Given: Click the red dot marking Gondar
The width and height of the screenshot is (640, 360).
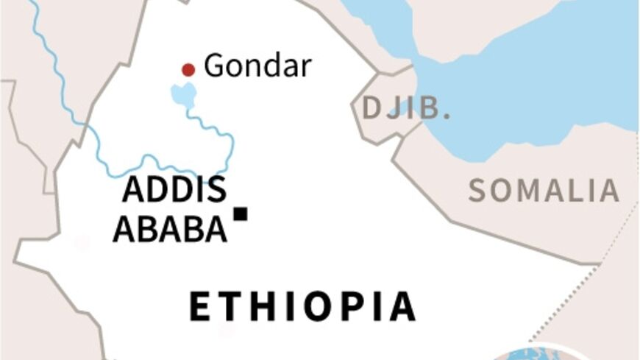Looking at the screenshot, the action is pos(188,70).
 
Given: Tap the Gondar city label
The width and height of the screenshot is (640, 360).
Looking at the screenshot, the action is pos(257,66).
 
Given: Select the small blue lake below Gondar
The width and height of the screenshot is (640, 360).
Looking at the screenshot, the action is pos(184,94).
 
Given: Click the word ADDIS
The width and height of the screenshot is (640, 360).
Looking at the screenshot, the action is pos(174,190).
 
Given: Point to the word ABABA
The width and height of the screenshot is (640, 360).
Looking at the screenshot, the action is pos(170,230).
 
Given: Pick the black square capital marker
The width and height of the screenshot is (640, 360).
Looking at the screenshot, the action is pos(241,213).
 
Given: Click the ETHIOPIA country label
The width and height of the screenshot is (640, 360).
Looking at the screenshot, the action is pos(302,307).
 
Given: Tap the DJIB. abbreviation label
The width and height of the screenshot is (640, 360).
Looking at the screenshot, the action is pos(405,108).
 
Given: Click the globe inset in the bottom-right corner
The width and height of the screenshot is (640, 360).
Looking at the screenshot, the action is pos(544,353).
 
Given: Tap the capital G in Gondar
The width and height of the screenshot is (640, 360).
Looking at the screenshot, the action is pos(213,66).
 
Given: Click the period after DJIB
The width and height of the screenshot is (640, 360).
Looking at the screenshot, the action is pos(446,117).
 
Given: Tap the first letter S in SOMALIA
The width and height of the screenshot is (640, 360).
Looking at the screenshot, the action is pos(478,191).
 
